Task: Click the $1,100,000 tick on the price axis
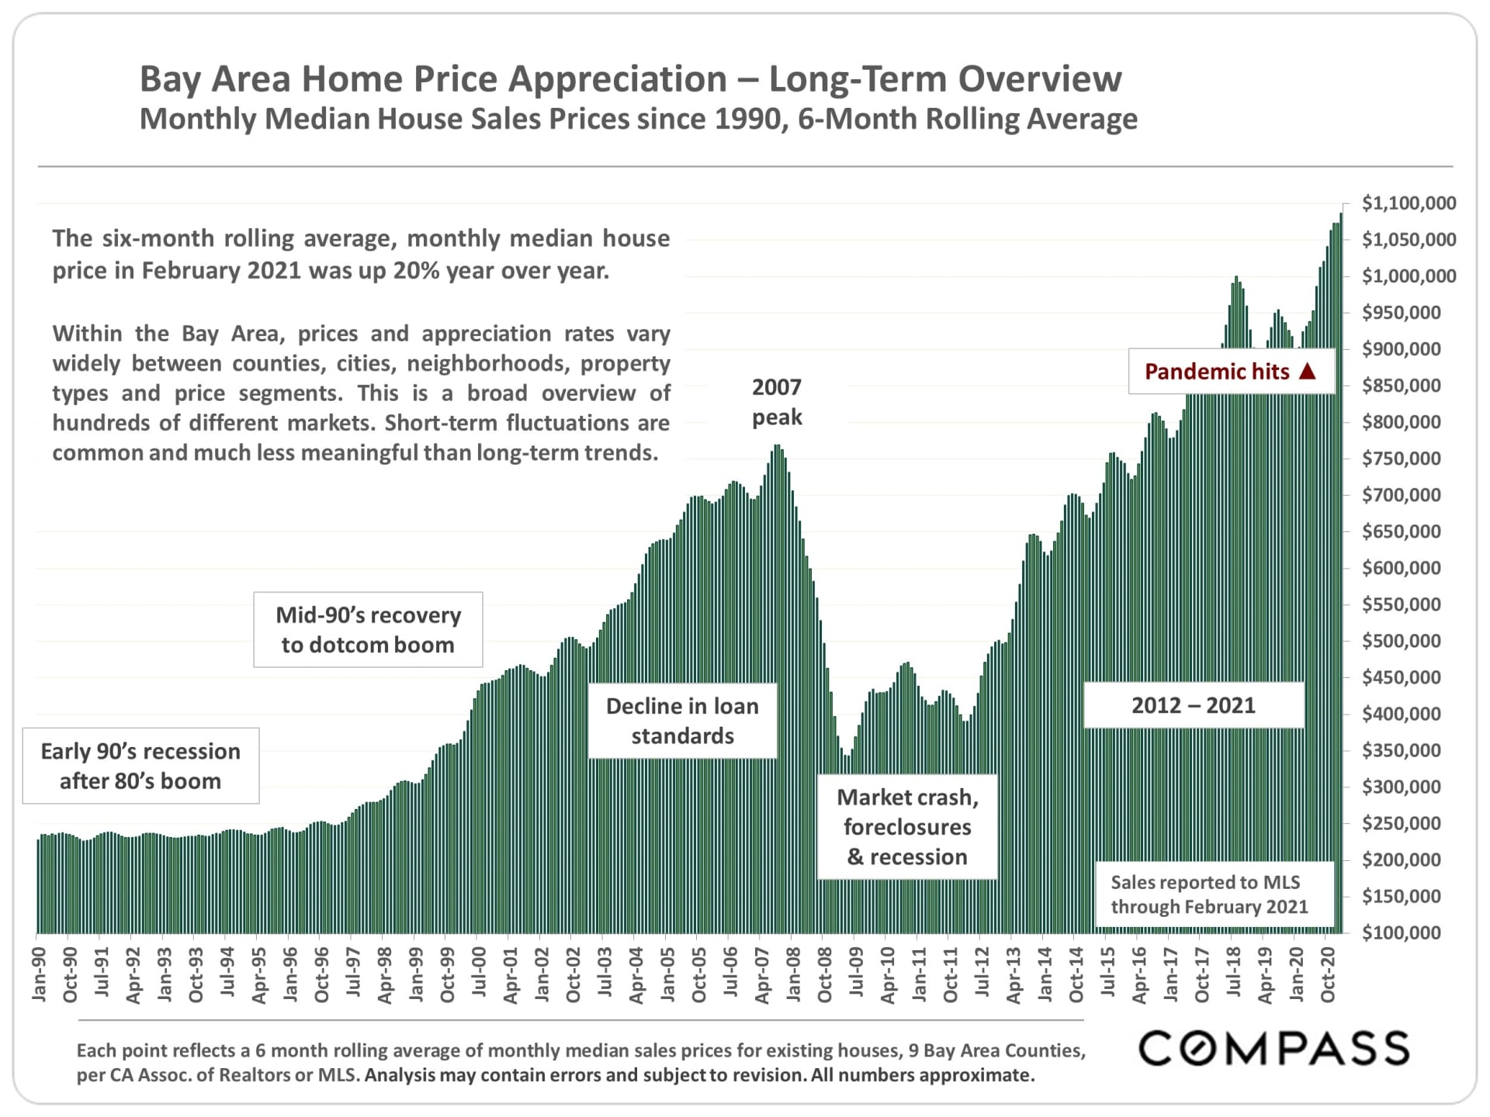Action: coord(1409,203)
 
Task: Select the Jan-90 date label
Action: coord(39,973)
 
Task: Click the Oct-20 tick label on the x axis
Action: coord(1328,973)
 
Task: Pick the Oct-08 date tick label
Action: coord(824,973)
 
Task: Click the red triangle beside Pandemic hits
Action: coord(1308,371)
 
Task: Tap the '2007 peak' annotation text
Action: coord(777,402)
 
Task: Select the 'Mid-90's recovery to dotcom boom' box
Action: coord(368,629)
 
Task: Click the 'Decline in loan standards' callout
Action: coord(682,721)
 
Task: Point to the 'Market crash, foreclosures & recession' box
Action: coord(907,827)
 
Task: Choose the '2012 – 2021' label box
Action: coord(1193,705)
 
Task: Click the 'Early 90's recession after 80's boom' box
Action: coord(140,766)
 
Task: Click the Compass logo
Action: coord(1273,1048)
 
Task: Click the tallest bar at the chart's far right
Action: coord(1340,574)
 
